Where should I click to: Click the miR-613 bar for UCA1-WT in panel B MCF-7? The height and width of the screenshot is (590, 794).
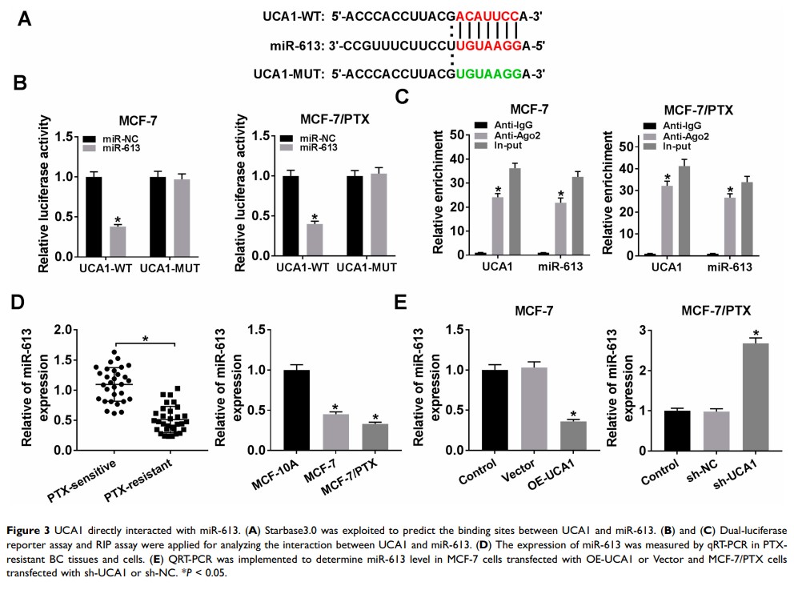point(118,239)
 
